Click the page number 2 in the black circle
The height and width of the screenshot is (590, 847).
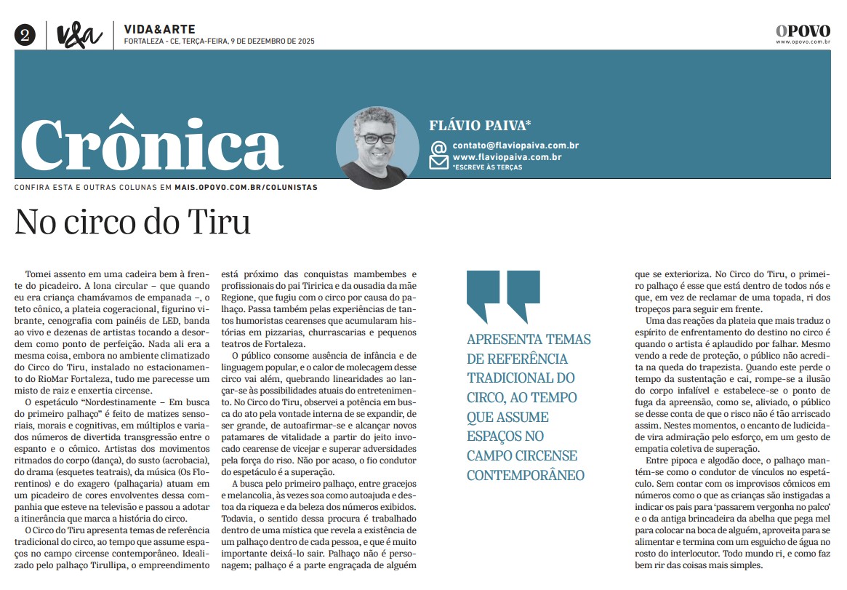25,35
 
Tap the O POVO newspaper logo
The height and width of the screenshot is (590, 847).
803,31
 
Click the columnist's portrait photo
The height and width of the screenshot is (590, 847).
377,148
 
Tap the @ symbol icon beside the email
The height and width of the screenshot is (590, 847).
438,148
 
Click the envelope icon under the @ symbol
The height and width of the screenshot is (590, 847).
438,162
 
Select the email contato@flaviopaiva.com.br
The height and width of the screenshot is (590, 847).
515,145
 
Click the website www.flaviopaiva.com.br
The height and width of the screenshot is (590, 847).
507,156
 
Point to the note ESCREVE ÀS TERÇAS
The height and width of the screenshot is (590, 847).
487,167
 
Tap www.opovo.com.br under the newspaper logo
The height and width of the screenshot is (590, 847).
803,42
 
